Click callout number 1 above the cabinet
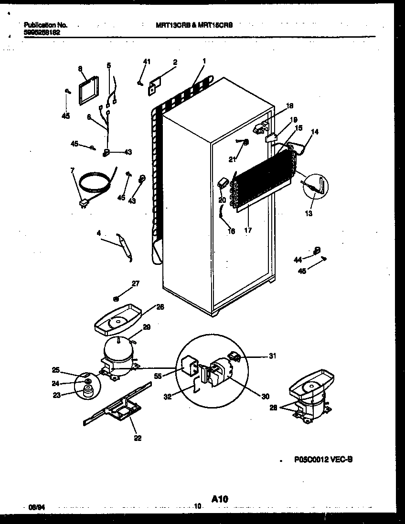point(204,61)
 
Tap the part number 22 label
point(138,439)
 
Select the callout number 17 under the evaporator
point(247,231)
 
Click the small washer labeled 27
point(116,299)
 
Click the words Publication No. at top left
point(45,25)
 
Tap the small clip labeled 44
point(317,250)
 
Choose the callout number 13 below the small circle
point(309,213)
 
